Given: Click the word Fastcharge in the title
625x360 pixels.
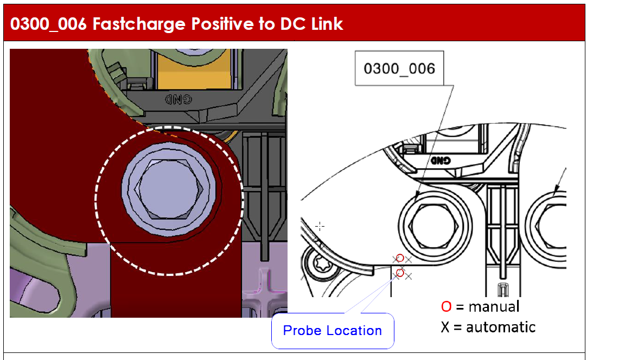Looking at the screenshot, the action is (x=139, y=24).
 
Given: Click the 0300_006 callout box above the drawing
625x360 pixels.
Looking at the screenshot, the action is (x=399, y=68).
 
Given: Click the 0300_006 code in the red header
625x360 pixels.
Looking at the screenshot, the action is (x=48, y=24).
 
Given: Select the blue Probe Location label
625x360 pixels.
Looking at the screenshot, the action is (x=333, y=331).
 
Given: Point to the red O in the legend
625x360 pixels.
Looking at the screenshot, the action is (x=446, y=307).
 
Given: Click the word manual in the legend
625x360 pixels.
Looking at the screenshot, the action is (x=494, y=307).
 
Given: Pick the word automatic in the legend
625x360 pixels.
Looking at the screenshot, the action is (x=501, y=327).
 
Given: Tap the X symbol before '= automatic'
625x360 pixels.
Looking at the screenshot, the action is (x=445, y=327).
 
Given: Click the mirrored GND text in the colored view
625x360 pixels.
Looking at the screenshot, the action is (x=178, y=99).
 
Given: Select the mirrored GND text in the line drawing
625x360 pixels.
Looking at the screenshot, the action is (x=441, y=160).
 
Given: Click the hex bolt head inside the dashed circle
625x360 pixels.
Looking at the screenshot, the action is (x=169, y=190).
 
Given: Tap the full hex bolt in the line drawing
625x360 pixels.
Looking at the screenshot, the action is (x=435, y=226).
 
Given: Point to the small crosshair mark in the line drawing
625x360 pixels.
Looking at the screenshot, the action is (x=320, y=226).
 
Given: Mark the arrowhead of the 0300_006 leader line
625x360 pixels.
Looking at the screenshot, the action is (x=417, y=197).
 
